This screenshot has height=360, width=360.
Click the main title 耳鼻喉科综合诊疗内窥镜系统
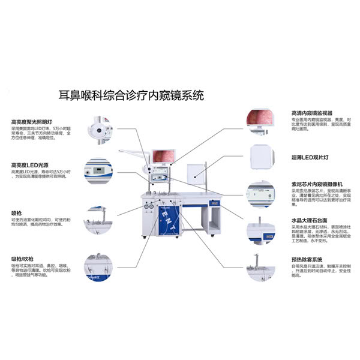pos(131,95)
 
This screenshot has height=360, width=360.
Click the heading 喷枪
pos(17,212)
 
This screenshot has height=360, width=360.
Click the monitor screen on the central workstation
pos(164,157)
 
